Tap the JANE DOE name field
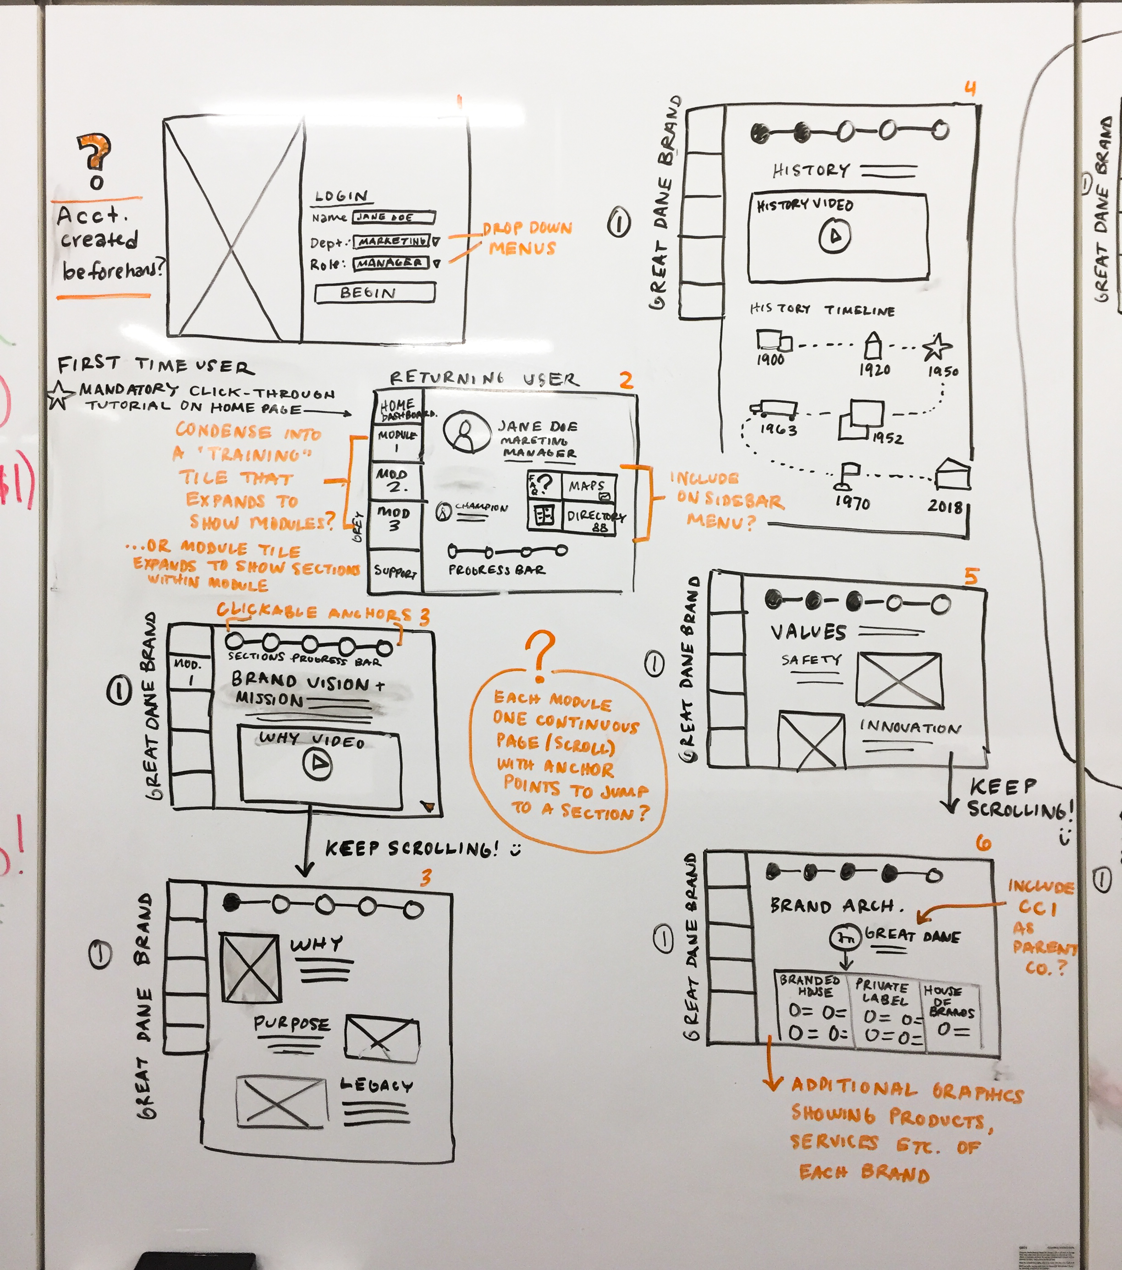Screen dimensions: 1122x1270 (x=394, y=217)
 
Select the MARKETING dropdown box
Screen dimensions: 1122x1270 (x=391, y=241)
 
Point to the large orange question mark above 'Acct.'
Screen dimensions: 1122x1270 (x=94, y=152)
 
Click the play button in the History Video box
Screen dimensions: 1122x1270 (x=834, y=236)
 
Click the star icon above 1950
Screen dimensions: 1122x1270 (x=936, y=347)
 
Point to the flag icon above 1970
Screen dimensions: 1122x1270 (x=847, y=476)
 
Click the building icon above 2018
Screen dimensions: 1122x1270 (x=952, y=476)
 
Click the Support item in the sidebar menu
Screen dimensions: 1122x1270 (x=395, y=571)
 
